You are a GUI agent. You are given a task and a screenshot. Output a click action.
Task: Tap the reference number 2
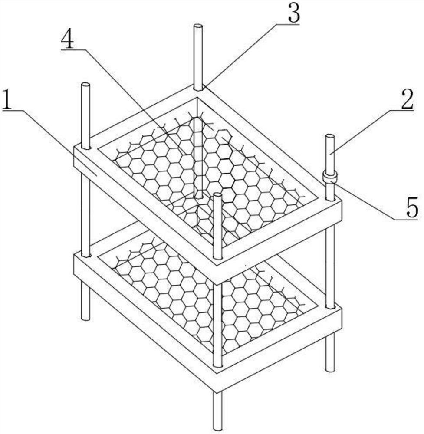coord(407,99)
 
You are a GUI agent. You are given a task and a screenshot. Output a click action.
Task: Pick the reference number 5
coord(411,207)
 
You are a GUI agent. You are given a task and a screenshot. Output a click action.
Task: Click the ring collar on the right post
coord(330,176)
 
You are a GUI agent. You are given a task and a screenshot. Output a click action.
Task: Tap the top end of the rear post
coord(198,26)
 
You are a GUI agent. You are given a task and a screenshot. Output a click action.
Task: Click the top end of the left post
coord(85,85)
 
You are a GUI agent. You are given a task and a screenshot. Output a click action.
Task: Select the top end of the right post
coord(330,136)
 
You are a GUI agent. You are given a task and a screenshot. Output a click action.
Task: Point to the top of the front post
coord(218,196)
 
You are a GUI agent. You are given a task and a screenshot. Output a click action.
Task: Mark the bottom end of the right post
coord(330,368)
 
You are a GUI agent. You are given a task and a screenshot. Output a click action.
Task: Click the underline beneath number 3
coord(287,24)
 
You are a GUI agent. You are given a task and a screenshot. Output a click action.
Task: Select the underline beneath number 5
coord(406,219)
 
